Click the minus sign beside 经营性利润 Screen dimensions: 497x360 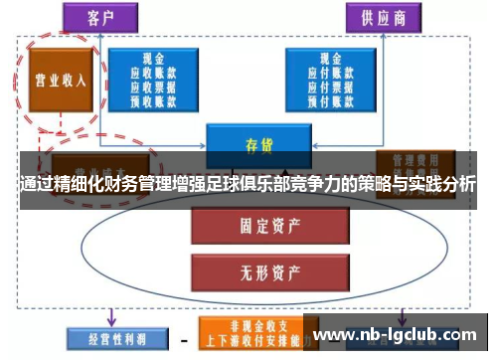pos(183,338)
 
